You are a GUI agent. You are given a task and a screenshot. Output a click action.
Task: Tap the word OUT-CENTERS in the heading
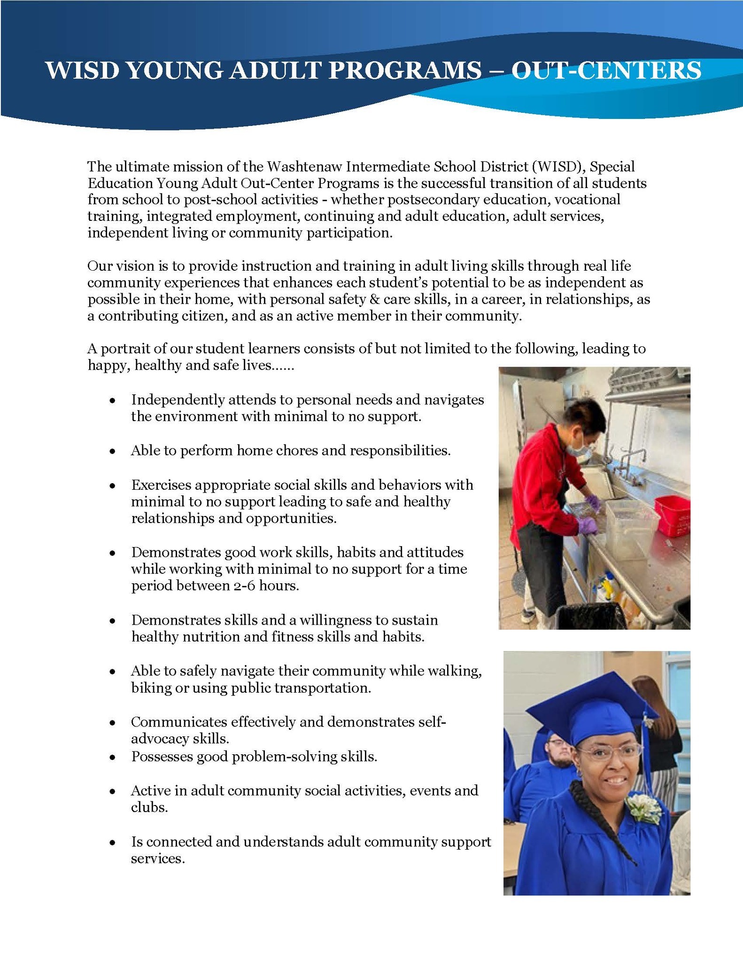click(606, 71)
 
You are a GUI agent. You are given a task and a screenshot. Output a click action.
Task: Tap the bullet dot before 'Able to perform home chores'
click(112, 451)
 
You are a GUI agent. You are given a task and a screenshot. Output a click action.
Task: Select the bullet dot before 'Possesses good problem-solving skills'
click(112, 757)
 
